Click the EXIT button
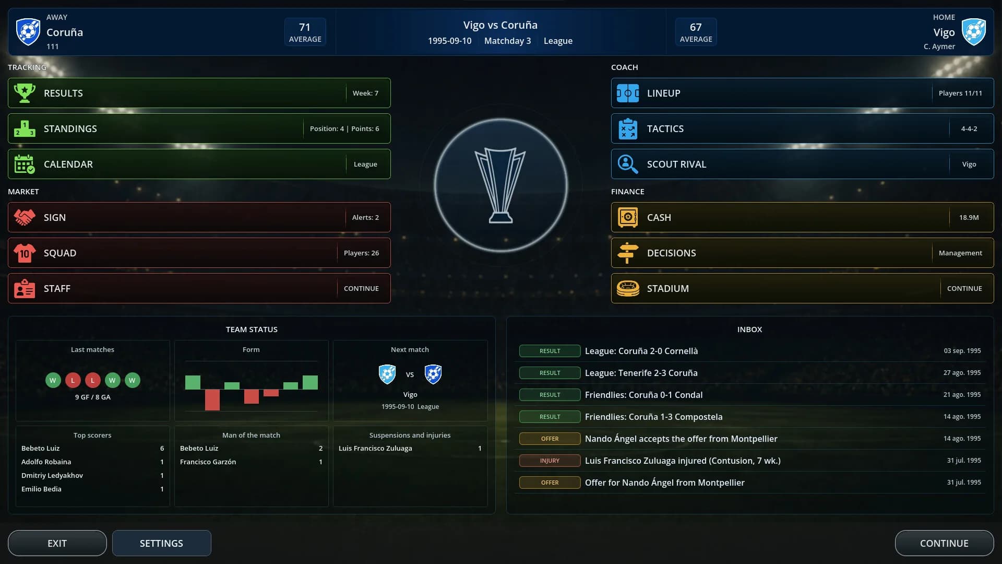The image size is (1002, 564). point(57,543)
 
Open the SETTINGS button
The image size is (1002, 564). point(161,543)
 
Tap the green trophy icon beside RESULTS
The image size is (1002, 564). point(25,93)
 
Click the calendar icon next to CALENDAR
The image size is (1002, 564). point(25,164)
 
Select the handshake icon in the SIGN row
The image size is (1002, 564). point(25,217)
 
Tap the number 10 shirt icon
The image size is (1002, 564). point(25,253)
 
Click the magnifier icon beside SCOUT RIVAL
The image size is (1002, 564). point(628,164)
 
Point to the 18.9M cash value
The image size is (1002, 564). point(969,217)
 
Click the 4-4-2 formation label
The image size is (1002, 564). point(969,128)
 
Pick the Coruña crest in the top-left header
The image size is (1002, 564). point(28,32)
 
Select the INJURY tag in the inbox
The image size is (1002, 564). point(550,461)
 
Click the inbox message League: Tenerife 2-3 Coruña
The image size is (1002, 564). point(641,373)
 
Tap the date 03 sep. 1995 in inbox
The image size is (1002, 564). point(962,351)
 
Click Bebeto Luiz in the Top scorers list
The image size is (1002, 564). point(40,448)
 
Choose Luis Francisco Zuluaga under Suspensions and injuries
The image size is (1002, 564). point(375,448)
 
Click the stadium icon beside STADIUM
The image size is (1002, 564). point(628,288)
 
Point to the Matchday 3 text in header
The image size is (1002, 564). point(507,41)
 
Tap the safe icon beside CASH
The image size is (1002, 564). point(628,217)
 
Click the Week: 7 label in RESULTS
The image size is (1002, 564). point(365,93)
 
